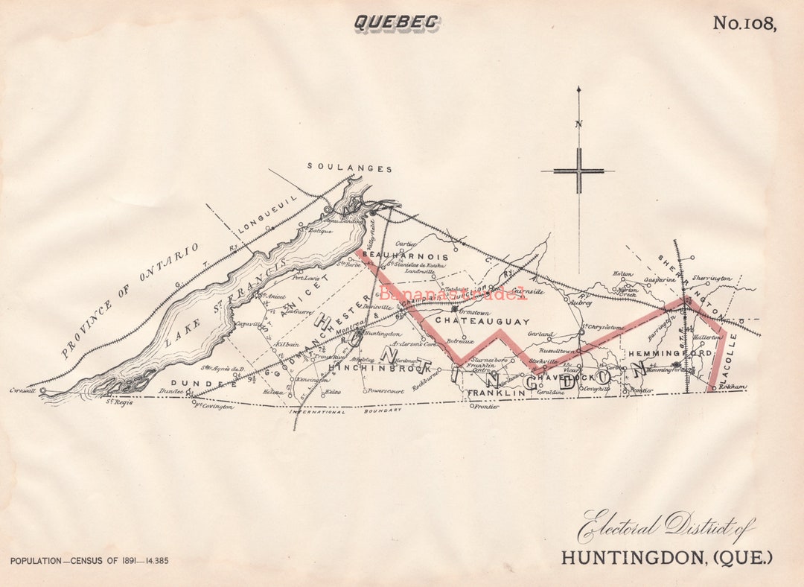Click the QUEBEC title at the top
[x=396, y=22]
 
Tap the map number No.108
[x=744, y=23]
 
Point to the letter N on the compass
[x=578, y=124]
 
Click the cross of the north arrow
[x=578, y=171]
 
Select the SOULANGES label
[x=350, y=168]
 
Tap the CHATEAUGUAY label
[x=482, y=322]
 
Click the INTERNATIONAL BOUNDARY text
[x=346, y=410]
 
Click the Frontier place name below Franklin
[x=485, y=407]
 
